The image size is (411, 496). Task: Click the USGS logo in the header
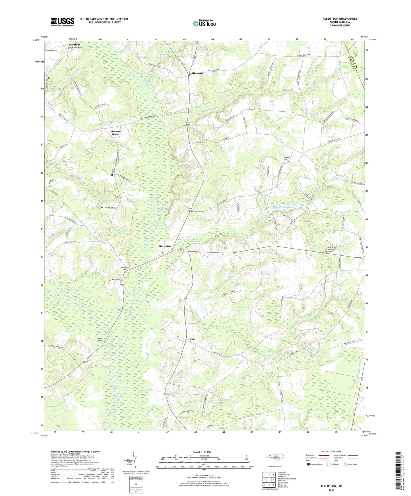pyautogui.click(x=63, y=22)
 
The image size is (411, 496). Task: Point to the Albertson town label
pyautogui.click(x=197, y=73)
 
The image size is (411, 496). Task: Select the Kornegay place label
pyautogui.click(x=165, y=246)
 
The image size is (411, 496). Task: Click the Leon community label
pyautogui.click(x=191, y=339)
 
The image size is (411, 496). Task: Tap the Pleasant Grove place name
pyautogui.click(x=115, y=133)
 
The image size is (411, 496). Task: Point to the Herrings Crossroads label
pyautogui.click(x=75, y=46)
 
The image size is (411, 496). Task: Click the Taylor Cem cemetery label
pyautogui.click(x=113, y=171)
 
